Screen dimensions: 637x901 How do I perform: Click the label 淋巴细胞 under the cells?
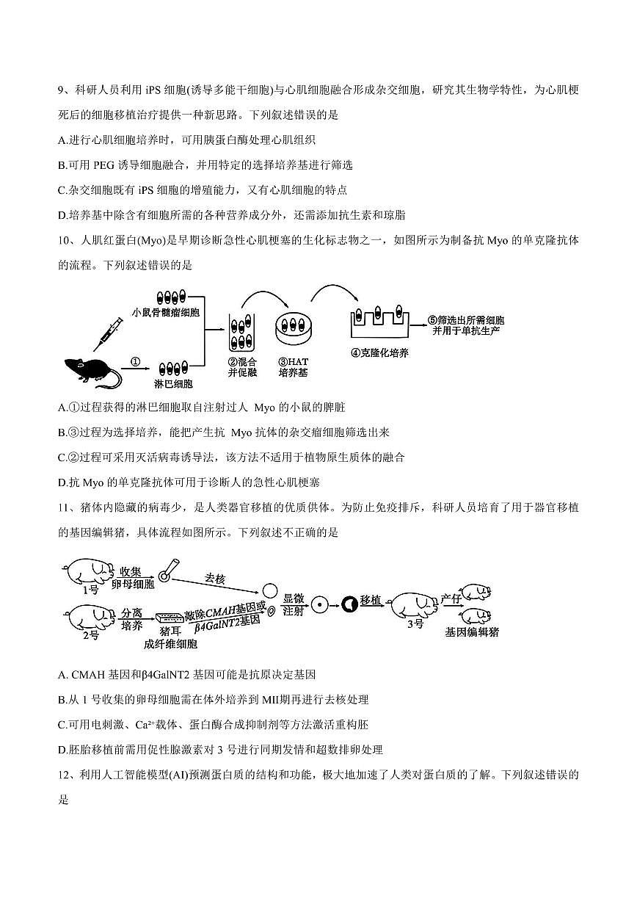tap(173, 383)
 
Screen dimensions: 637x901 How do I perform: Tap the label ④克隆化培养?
tap(379, 352)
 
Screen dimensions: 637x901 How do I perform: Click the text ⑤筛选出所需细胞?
tap(467, 320)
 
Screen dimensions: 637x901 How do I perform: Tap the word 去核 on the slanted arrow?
tap(214, 579)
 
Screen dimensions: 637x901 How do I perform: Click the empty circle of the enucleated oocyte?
tap(269, 590)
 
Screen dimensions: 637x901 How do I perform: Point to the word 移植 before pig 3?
tap(371, 601)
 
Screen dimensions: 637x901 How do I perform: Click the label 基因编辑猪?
tap(471, 631)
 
